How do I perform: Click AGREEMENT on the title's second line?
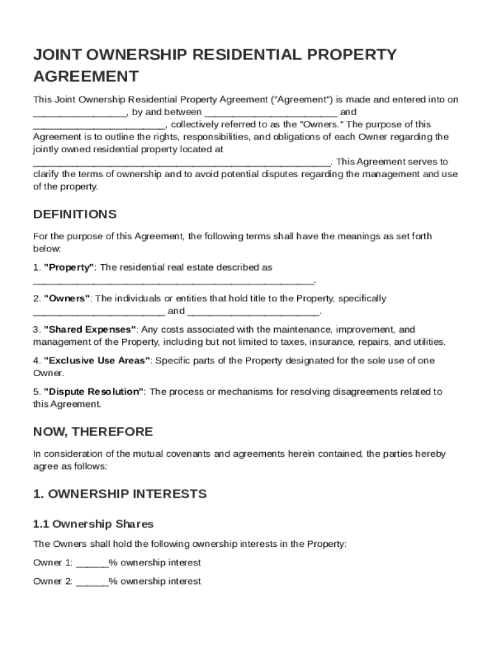[x=86, y=77]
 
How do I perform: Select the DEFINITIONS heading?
[x=75, y=214]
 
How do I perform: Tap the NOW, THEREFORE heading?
[x=93, y=431]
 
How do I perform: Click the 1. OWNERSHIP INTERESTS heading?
[x=119, y=494]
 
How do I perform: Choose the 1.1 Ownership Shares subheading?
[x=93, y=524]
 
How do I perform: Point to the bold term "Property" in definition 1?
[x=69, y=267]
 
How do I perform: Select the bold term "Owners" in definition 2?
[x=67, y=299]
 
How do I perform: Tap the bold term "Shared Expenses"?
[x=90, y=329]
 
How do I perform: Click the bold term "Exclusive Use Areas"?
[x=97, y=361]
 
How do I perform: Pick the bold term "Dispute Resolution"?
[x=93, y=391]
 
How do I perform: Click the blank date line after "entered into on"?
[x=80, y=113]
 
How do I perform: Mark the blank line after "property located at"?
[x=181, y=162]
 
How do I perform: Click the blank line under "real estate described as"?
[x=173, y=281]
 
